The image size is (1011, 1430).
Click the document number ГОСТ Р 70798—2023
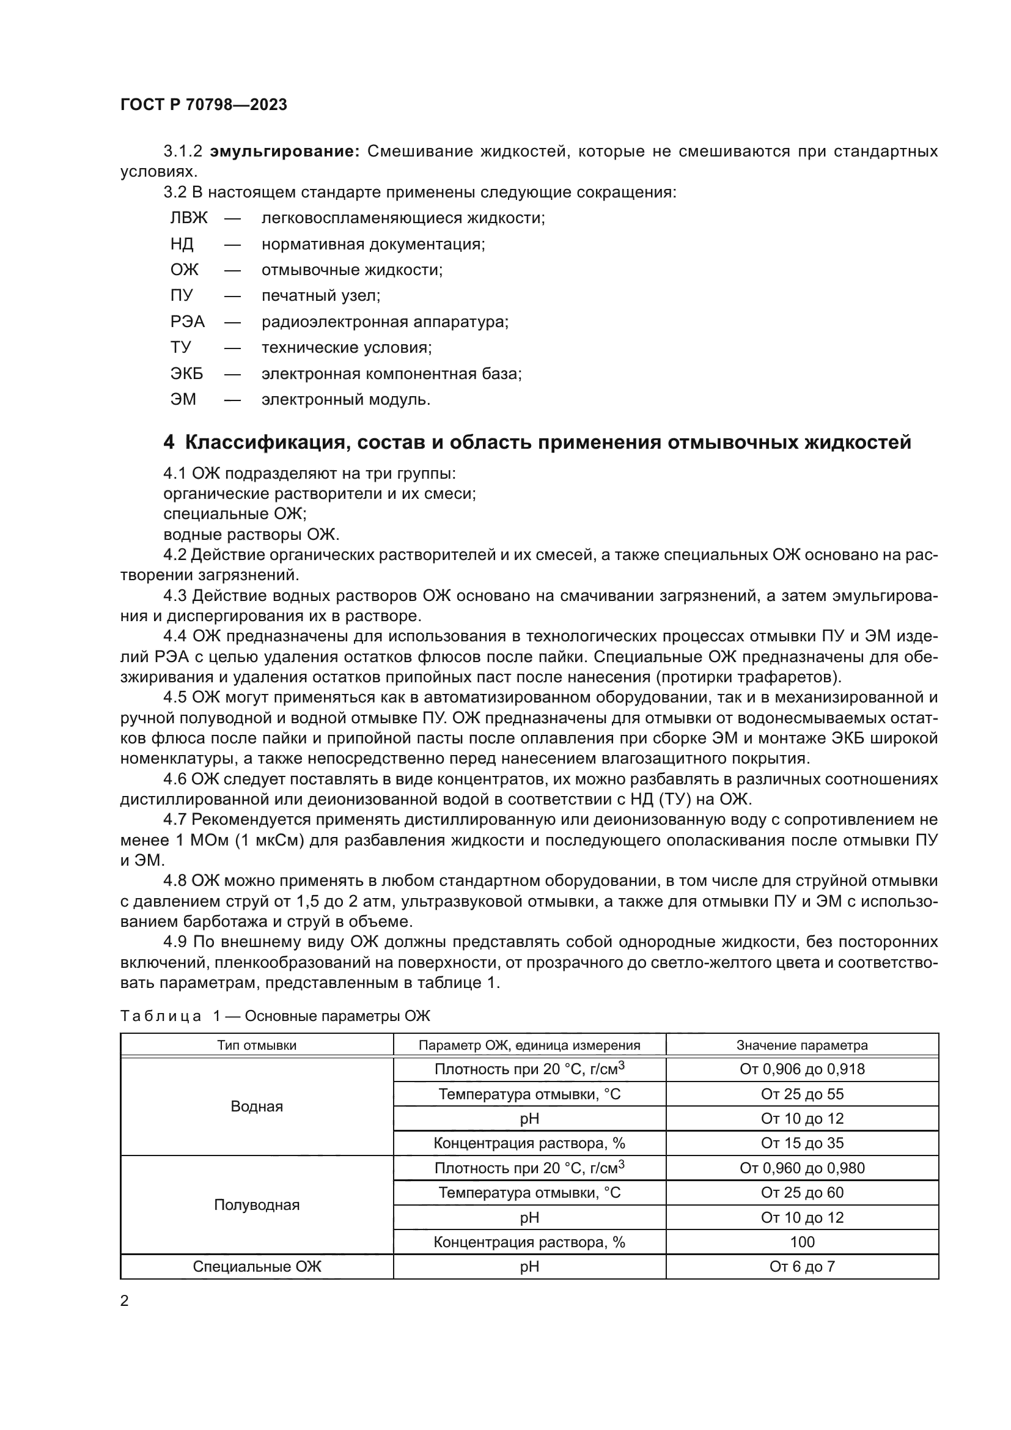click(x=204, y=105)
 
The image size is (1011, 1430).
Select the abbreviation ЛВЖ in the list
click(x=189, y=218)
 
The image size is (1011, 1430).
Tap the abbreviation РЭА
click(x=188, y=322)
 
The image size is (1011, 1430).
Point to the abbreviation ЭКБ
click(x=187, y=374)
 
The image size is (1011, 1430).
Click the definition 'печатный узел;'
click(x=321, y=295)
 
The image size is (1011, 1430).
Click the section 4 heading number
click(x=169, y=442)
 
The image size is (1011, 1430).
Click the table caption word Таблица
click(x=160, y=1017)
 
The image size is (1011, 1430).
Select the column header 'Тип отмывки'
click(x=257, y=1045)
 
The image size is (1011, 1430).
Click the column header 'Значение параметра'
click(x=802, y=1045)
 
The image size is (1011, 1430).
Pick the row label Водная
click(x=257, y=1106)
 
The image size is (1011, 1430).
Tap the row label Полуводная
click(x=257, y=1204)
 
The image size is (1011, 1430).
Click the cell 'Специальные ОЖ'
click(x=257, y=1266)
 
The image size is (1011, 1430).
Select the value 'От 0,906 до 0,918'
click(x=802, y=1069)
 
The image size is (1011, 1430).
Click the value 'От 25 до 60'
click(x=802, y=1192)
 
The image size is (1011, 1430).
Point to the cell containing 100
click(x=802, y=1241)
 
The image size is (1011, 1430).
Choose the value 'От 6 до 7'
click(x=802, y=1266)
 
